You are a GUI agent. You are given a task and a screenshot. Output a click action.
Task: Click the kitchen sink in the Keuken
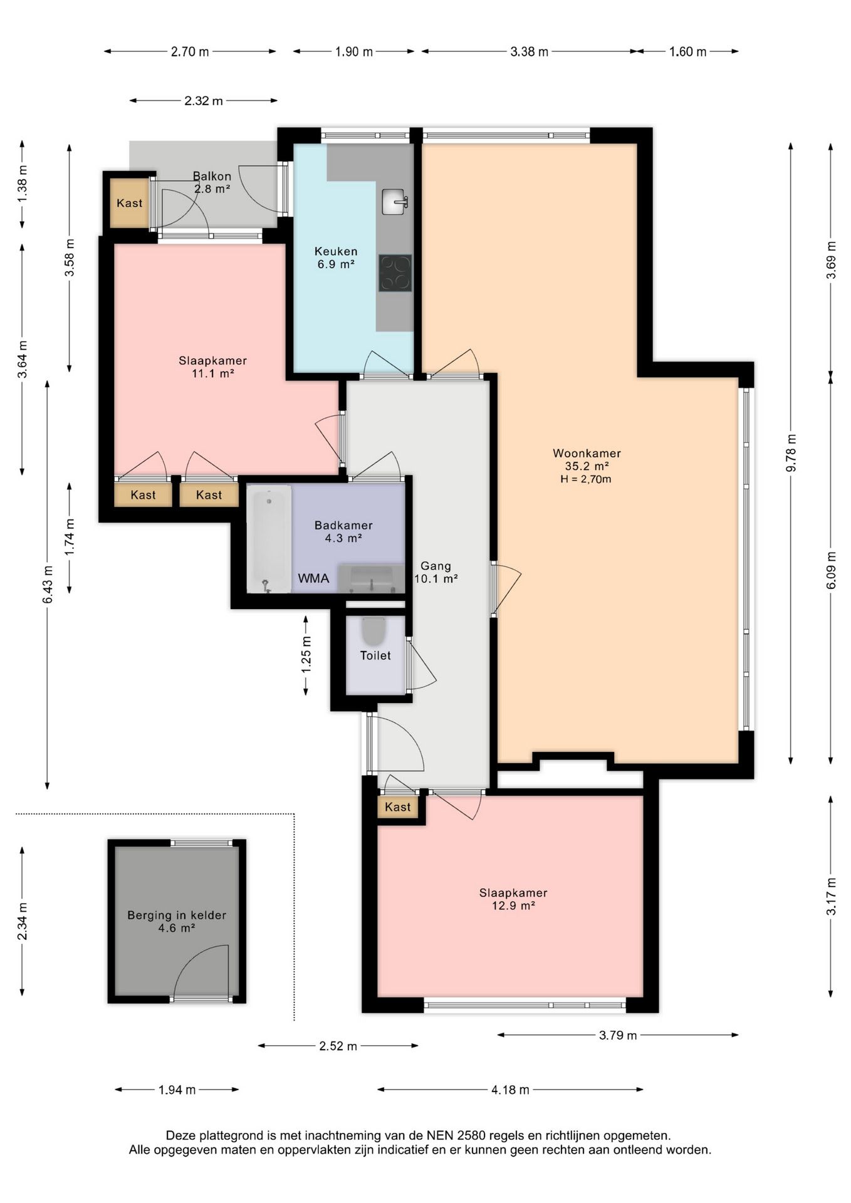pos(394,202)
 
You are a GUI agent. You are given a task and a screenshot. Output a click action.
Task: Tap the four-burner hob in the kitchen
pos(395,273)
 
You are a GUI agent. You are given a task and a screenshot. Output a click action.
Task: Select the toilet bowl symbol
pos(373,632)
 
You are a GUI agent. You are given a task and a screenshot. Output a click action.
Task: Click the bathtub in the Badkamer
pos(269,539)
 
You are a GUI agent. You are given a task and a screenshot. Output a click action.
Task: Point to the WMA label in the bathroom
pos(313,578)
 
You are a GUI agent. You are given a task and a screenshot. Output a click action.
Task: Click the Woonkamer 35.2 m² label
pos(587,459)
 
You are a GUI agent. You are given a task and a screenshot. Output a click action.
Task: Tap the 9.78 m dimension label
pos(791,453)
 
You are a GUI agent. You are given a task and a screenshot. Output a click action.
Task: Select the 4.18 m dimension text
pos(511,1090)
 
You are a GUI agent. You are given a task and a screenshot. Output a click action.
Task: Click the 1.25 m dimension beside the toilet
pos(306,655)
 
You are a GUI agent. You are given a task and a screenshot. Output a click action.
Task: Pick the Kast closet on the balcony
pos(130,203)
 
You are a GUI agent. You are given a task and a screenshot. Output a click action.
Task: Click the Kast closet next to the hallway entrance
pos(398,807)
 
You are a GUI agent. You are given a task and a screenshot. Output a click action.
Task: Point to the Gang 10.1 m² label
pos(436,572)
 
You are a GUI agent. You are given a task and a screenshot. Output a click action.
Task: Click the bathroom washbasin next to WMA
pos(371,578)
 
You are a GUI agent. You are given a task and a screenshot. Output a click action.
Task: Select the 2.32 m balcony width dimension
pos(204,101)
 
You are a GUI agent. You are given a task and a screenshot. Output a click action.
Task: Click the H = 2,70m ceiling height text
pos(586,479)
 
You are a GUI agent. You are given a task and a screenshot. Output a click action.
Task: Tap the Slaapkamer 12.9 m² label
pos(513,899)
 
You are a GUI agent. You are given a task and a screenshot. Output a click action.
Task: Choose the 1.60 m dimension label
pos(687,52)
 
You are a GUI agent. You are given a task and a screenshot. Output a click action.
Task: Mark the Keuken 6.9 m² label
pos(336,258)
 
